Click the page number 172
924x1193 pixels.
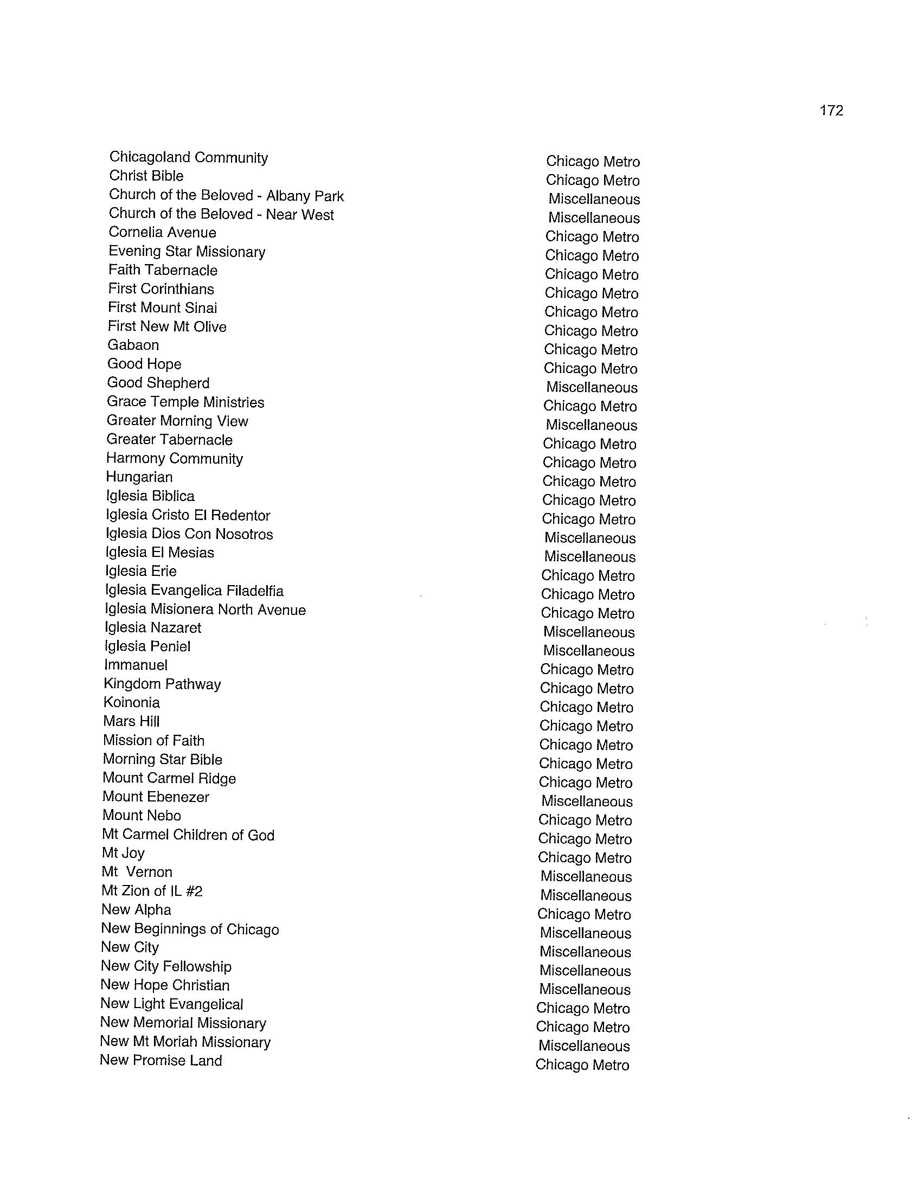[x=831, y=111]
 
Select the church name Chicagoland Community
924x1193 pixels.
[x=188, y=157]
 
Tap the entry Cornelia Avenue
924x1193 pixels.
[x=162, y=232]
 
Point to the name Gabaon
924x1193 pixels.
[x=133, y=345]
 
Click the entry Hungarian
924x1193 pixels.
[x=139, y=477]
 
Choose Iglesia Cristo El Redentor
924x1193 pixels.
[x=188, y=515]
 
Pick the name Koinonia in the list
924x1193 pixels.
[x=131, y=702]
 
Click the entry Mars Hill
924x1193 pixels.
[x=131, y=721]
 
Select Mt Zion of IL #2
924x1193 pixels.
[x=152, y=891]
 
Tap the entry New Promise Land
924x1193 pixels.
[x=161, y=1060]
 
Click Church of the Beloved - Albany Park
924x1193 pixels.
[x=226, y=196]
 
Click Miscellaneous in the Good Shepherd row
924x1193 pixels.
[x=592, y=387]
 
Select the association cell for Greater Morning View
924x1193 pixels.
[x=592, y=425]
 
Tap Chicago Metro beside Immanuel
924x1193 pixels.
[x=587, y=670]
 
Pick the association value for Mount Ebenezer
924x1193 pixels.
[x=587, y=801]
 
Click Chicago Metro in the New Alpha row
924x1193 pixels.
[x=584, y=914]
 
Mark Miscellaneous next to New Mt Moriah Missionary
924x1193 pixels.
[x=584, y=1046]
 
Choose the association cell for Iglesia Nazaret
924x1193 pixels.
[x=589, y=632]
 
